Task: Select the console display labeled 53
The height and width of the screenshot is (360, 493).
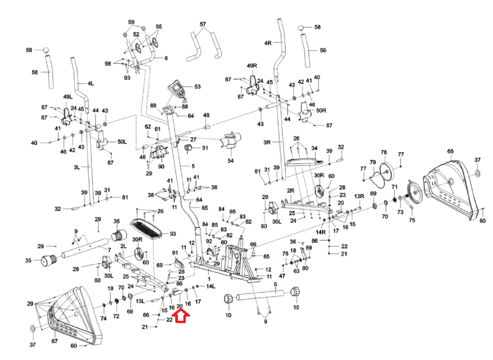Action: pyautogui.click(x=177, y=88)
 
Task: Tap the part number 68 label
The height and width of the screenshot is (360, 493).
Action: pyautogui.click(x=450, y=151)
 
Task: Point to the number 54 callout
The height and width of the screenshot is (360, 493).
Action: pyautogui.click(x=231, y=161)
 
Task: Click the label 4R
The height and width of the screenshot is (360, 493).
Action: pyautogui.click(x=268, y=43)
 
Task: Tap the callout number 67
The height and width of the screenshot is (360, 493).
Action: pyautogui.click(x=54, y=341)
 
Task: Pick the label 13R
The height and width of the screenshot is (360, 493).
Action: pyautogui.click(x=359, y=196)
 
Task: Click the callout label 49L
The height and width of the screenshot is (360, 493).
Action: pyautogui.click(x=68, y=97)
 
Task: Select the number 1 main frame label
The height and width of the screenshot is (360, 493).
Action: pyautogui.click(x=209, y=279)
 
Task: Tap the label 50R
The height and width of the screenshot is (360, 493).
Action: pyautogui.click(x=321, y=111)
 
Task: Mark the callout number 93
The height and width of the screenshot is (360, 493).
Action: pyautogui.click(x=127, y=78)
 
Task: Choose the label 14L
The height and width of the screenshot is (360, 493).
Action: pyautogui.click(x=211, y=286)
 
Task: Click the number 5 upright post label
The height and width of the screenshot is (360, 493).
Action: pyautogui.click(x=193, y=166)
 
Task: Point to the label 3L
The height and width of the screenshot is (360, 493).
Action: pyautogui.click(x=77, y=167)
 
